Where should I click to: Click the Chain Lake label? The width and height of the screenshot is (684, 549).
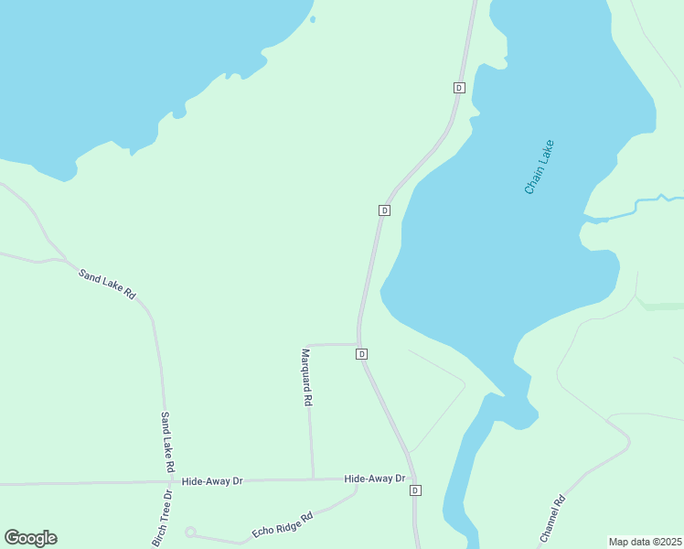point(540,167)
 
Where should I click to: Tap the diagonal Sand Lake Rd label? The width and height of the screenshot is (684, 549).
point(107,285)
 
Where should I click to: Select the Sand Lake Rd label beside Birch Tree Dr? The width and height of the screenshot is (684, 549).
point(167,442)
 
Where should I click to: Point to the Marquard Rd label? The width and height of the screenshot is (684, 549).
point(307,376)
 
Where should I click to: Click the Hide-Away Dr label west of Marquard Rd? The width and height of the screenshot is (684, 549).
point(211,480)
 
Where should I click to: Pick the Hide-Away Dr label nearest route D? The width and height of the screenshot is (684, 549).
point(374,479)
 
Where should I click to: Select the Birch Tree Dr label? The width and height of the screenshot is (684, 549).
point(161,519)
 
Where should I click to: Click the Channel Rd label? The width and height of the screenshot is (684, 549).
point(552,520)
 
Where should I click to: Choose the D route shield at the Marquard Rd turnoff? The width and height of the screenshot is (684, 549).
point(362,354)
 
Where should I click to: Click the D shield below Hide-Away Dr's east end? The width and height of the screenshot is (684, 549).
point(415,490)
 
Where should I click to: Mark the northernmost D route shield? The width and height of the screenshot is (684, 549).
point(459,88)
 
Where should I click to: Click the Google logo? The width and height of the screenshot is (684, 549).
point(30,538)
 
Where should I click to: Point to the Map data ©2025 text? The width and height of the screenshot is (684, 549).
point(645,542)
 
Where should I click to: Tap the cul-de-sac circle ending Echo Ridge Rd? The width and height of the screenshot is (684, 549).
point(190,532)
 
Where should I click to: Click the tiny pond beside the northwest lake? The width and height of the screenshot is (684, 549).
point(313,18)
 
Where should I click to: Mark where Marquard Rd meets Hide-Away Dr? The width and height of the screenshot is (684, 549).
point(313,479)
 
